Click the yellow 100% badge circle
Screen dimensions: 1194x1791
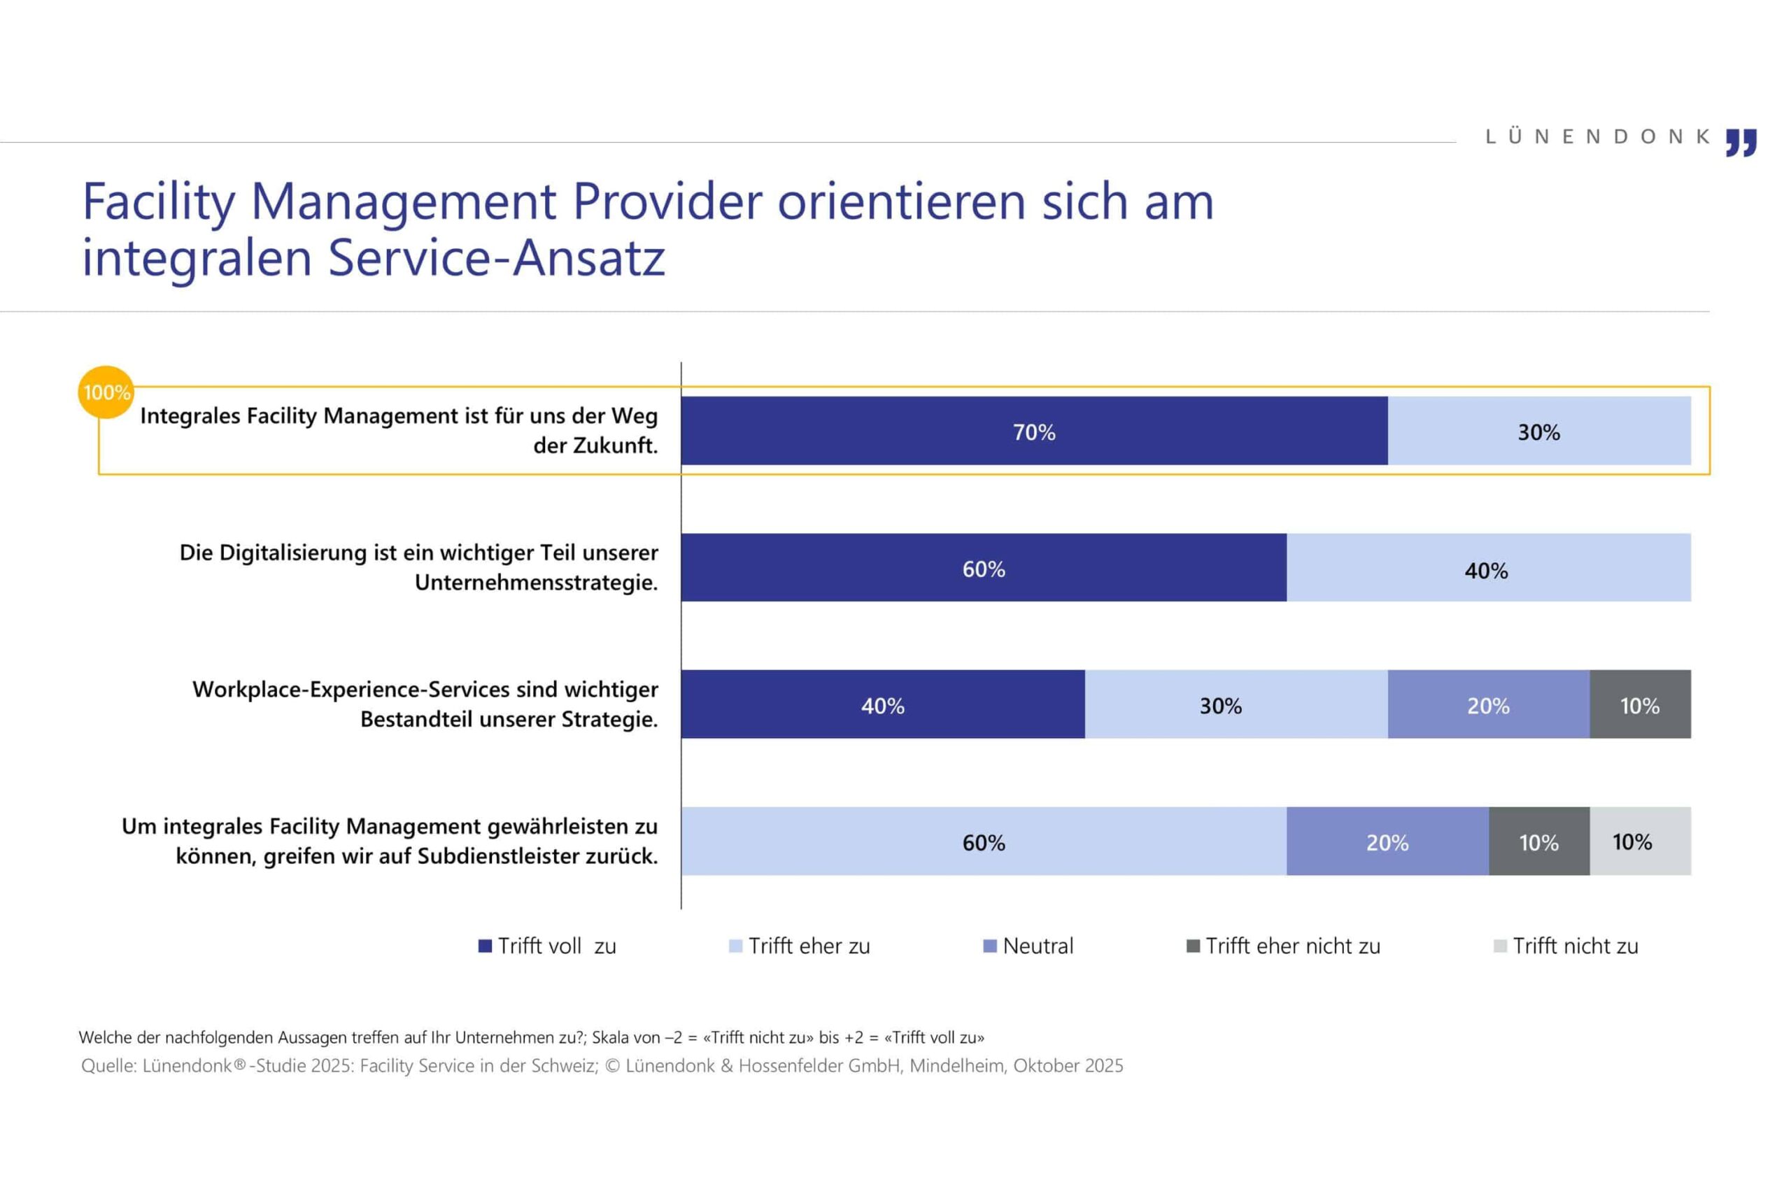[x=106, y=392]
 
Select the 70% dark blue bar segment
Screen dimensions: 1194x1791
[x=1033, y=430]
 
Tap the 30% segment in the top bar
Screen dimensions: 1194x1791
[x=1538, y=430]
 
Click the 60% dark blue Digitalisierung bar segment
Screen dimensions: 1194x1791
[x=983, y=567]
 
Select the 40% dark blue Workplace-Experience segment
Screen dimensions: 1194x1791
[x=882, y=704]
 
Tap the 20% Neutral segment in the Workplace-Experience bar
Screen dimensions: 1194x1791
[x=1488, y=704]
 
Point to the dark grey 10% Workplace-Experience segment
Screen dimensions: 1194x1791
[x=1639, y=704]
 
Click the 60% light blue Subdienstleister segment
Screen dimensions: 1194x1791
[x=983, y=841]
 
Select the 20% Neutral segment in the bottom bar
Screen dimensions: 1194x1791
[x=1387, y=841]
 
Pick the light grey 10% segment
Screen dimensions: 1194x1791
[x=1639, y=841]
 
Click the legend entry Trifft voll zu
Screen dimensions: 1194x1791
[x=548, y=946]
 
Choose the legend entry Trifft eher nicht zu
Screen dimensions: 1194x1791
[x=1284, y=946]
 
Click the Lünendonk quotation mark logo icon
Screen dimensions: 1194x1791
[x=1741, y=143]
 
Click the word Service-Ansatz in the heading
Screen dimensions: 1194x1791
[x=497, y=257]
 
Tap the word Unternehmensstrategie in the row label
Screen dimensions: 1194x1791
[x=536, y=583]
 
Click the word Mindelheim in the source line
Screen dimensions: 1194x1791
[x=956, y=1065]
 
